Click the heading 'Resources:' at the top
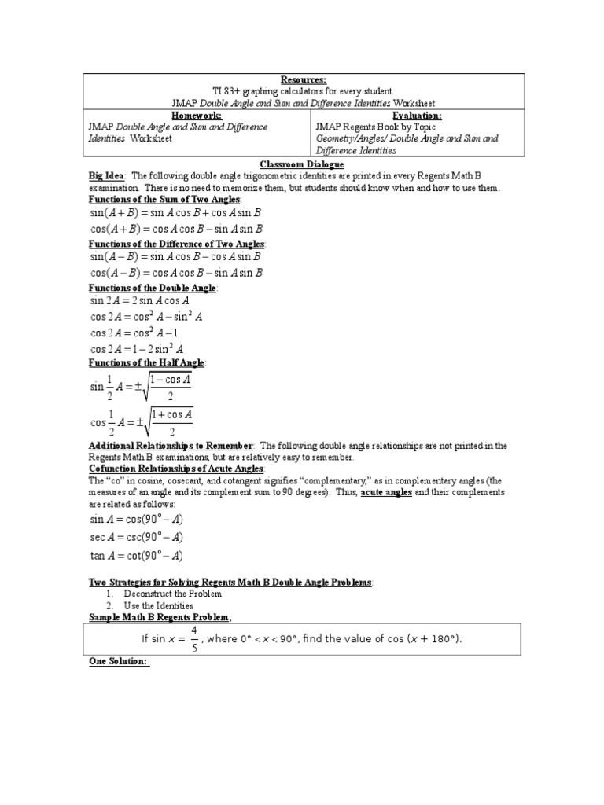pyautogui.click(x=303, y=80)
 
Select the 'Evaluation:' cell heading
pyautogui.click(x=411, y=116)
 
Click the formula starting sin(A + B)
pyautogui.click(x=175, y=212)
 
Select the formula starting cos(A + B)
pyautogui.click(x=175, y=229)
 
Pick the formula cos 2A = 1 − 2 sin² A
pyautogui.click(x=138, y=349)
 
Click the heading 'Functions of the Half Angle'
pyautogui.click(x=146, y=362)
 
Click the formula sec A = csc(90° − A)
pyautogui.click(x=137, y=537)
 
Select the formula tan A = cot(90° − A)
pyautogui.click(x=137, y=556)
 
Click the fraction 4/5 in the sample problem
pyautogui.click(x=195, y=639)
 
